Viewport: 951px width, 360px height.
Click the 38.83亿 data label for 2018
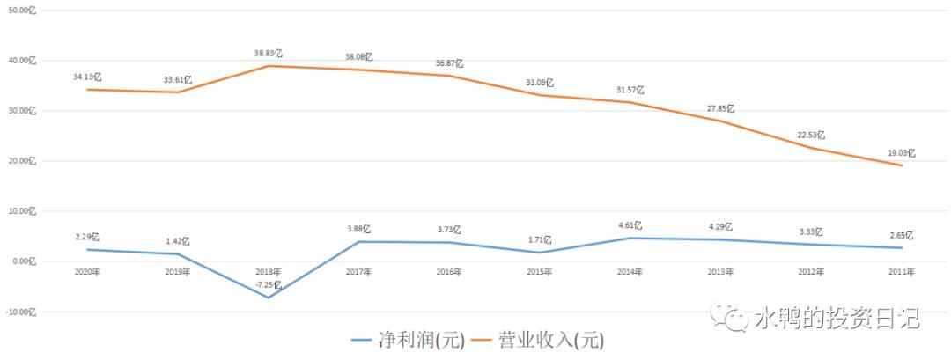click(268, 53)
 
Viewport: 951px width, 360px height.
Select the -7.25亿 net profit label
click(268, 285)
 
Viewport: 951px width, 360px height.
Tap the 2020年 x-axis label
click(85, 272)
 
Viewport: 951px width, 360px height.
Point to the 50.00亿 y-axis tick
click(21, 11)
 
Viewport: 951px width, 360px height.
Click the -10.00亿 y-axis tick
click(20, 312)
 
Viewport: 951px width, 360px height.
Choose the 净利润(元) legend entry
click(408, 339)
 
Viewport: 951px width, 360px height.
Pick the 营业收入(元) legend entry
click(539, 339)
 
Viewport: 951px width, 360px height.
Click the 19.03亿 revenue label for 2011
click(901, 152)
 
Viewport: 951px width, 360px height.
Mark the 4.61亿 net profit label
click(630, 225)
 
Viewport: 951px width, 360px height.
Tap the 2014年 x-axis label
click(630, 272)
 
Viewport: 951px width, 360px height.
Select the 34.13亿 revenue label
click(86, 77)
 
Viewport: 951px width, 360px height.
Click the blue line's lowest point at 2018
click(268, 298)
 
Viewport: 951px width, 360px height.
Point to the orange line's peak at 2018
click(268, 66)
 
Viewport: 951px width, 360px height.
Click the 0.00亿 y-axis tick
click(23, 261)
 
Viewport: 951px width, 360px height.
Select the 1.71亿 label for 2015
click(540, 239)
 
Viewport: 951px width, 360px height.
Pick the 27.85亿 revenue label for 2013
click(720, 108)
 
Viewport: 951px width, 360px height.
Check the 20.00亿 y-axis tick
click(21, 161)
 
